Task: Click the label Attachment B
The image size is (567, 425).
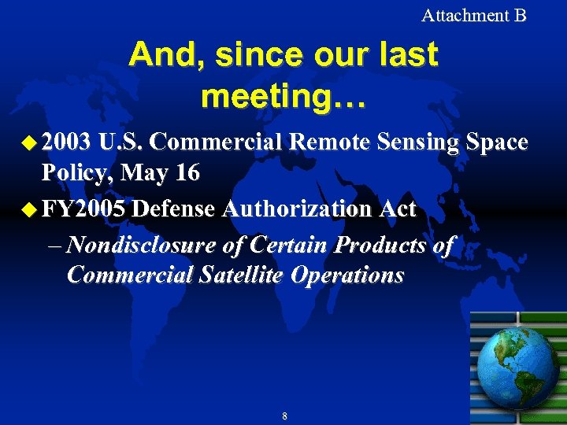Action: (x=473, y=15)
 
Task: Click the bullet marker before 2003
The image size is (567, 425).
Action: (x=29, y=143)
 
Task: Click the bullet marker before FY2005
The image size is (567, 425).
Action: (x=29, y=210)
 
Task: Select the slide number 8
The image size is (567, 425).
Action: (x=284, y=416)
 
